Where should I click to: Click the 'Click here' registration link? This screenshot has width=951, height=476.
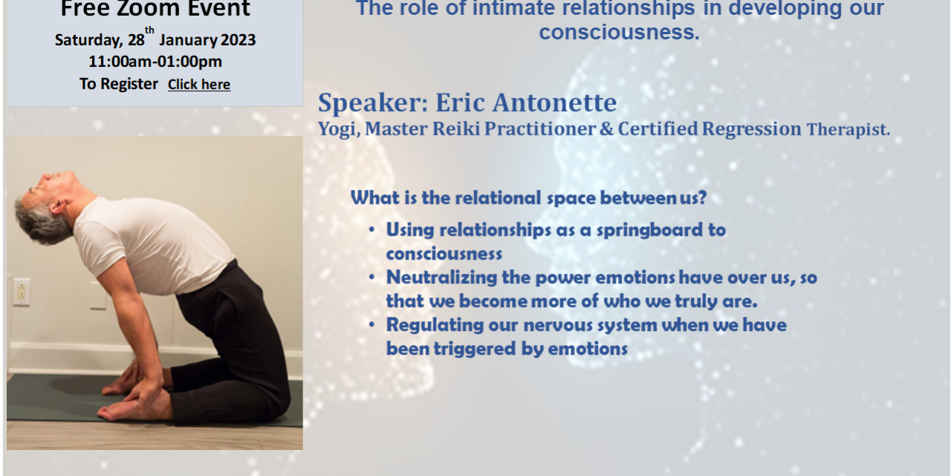click(198, 85)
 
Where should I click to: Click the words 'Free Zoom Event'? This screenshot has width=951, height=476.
click(155, 10)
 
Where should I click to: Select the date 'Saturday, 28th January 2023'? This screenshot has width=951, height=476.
click(155, 40)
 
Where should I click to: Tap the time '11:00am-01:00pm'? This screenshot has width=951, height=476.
click(155, 62)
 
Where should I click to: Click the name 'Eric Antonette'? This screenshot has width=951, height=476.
click(526, 103)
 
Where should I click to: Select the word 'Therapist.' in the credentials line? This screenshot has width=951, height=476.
click(848, 130)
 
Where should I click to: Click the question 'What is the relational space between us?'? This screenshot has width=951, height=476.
click(528, 198)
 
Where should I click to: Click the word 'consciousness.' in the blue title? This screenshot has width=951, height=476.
click(619, 33)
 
